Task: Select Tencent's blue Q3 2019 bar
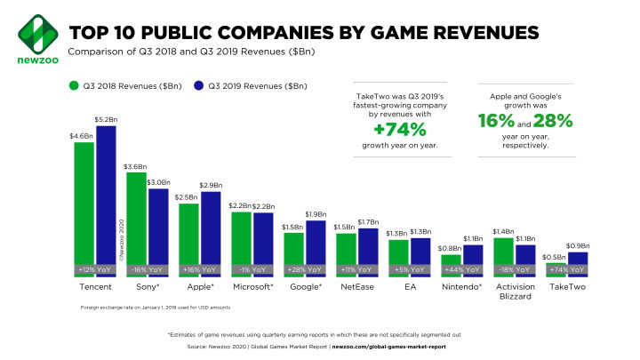[106, 200]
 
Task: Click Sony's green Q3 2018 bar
[136, 222]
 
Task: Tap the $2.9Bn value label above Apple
[212, 184]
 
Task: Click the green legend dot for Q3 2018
[75, 86]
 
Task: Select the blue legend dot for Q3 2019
[199, 86]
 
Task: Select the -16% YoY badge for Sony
[148, 268]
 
